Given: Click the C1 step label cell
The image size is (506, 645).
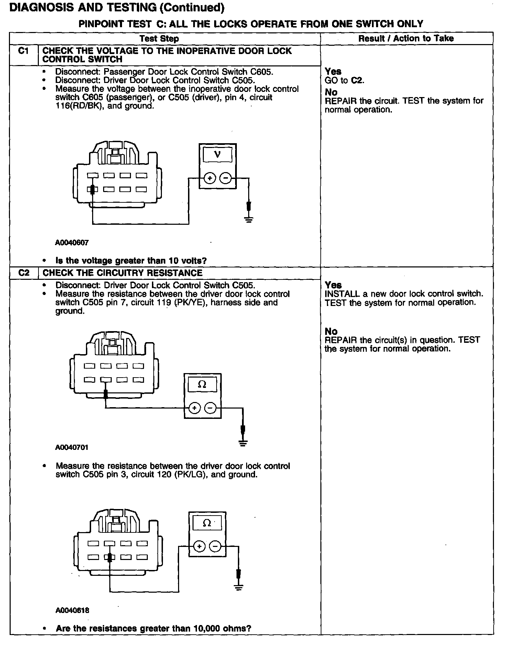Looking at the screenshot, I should pyautogui.click(x=23, y=51).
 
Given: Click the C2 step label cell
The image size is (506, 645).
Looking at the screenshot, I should pyautogui.click(x=23, y=273).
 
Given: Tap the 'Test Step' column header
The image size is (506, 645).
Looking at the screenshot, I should pyautogui.click(x=159, y=39).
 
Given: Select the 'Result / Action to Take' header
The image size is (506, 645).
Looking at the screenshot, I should pyautogui.click(x=406, y=38).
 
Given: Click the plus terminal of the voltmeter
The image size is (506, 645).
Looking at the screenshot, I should pyautogui.click(x=210, y=178).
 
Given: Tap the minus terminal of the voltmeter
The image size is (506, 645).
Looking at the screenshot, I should pyautogui.click(x=225, y=178).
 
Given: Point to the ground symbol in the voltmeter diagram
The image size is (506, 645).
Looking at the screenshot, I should pyautogui.click(x=249, y=219).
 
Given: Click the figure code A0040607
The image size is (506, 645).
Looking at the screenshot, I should pyautogui.click(x=72, y=243).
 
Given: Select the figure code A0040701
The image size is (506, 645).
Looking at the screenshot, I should pyautogui.click(x=72, y=447).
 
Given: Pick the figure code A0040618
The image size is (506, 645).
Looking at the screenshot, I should pyautogui.click(x=72, y=610).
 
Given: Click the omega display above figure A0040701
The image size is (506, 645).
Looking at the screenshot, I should pyautogui.click(x=202, y=384).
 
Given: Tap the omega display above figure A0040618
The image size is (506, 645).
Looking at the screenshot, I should pyautogui.click(x=207, y=524).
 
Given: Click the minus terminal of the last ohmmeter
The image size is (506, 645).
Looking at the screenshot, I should pyautogui.click(x=215, y=546).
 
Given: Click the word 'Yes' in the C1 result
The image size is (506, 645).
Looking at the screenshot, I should pyautogui.click(x=333, y=72).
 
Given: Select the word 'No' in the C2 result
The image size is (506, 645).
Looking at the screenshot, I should pyautogui.click(x=331, y=331).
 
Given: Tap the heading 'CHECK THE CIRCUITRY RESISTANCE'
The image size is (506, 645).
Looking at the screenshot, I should pyautogui.click(x=122, y=273).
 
